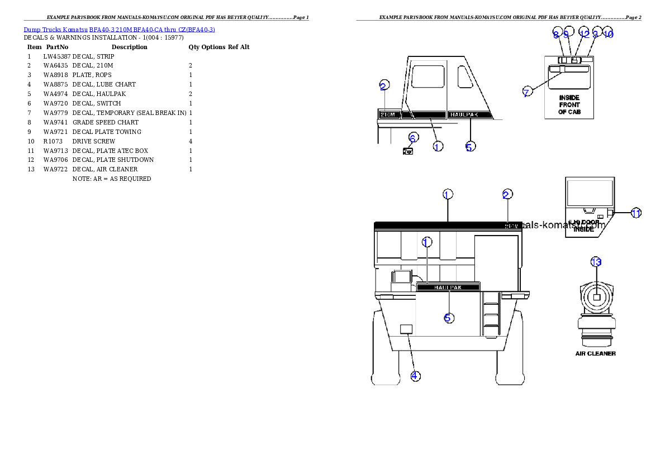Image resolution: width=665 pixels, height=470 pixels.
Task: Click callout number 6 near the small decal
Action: click(412, 137)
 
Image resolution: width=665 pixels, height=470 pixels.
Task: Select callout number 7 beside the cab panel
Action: click(526, 93)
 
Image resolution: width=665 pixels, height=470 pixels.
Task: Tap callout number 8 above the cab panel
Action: click(556, 33)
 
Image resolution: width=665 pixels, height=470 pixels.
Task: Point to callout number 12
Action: click(584, 33)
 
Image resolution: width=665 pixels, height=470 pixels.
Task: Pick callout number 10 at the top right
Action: click(609, 33)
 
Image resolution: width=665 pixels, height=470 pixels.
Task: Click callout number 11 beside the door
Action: click(636, 213)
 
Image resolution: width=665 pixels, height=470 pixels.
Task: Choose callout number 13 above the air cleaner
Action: click(596, 262)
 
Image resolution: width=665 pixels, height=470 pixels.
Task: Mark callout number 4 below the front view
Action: click(415, 376)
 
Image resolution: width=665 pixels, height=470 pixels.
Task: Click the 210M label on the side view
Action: click(388, 114)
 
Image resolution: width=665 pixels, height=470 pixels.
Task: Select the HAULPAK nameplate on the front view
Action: click(448, 287)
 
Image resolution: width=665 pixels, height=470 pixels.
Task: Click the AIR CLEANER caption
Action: click(596, 353)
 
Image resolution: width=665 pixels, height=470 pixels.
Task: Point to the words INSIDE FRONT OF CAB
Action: click(569, 104)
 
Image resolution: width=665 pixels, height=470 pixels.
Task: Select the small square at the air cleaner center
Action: click(596, 298)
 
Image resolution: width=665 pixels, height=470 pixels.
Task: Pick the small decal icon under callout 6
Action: click(409, 150)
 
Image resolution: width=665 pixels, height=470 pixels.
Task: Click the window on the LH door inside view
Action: click(590, 193)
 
